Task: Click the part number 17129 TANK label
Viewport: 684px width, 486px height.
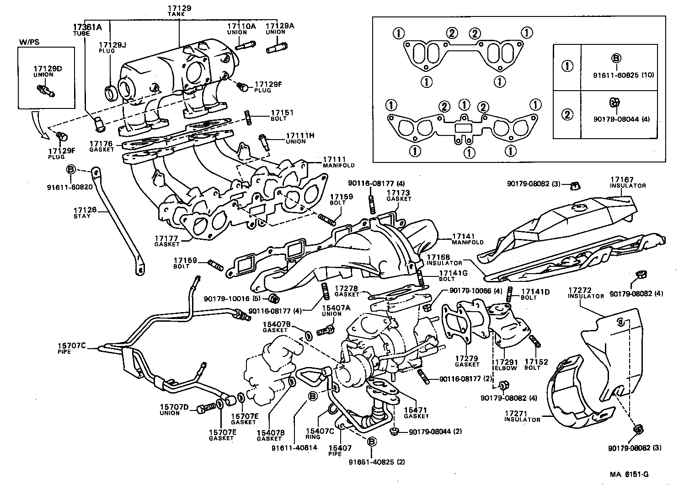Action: (179, 11)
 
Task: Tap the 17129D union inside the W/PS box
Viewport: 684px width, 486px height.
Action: (45, 90)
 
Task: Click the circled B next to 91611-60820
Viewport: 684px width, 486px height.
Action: (71, 169)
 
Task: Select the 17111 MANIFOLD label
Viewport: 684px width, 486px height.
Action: (338, 162)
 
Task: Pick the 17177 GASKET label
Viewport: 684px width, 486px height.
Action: (167, 241)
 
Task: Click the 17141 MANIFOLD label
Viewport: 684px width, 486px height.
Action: (467, 239)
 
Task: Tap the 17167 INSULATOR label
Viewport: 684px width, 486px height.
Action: (627, 182)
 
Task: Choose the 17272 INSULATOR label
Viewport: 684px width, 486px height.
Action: (586, 293)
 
